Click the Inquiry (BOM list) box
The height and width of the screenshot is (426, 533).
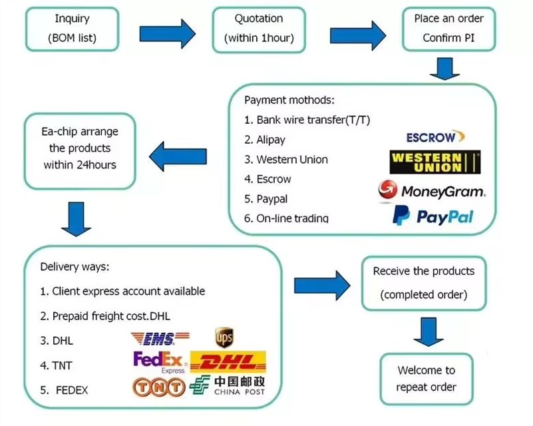coord(72,29)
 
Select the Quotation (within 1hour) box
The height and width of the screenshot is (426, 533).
coord(259,29)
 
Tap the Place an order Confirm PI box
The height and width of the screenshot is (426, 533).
coord(449,29)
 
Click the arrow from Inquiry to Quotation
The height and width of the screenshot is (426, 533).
coord(168,31)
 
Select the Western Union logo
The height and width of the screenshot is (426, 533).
coord(435,162)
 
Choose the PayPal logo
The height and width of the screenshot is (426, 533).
coord(433,216)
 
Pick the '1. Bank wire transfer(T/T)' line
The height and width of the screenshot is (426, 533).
coord(307,120)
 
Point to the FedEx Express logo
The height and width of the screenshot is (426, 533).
coord(160,362)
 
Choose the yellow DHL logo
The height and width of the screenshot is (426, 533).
coord(228,363)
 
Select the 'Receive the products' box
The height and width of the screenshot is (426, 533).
coord(423,282)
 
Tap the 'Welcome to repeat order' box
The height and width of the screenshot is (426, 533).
coord(426,379)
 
